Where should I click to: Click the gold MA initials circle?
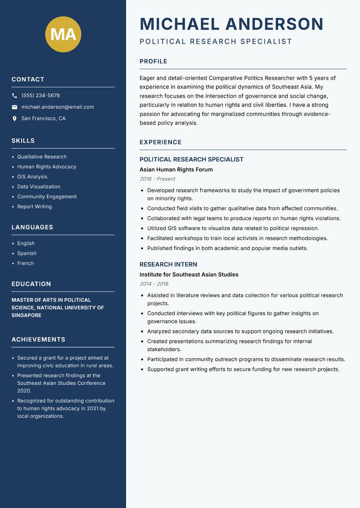point(63,34)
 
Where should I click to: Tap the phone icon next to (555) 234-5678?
point(14,96)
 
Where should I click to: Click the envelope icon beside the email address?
point(14,107)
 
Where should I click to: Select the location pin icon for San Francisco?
point(14,119)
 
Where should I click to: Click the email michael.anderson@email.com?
point(58,107)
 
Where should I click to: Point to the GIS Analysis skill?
point(32,177)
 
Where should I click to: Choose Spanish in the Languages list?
point(27,253)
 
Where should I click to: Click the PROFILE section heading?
point(153,62)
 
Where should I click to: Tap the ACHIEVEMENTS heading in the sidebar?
point(38,339)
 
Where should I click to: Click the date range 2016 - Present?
point(157,179)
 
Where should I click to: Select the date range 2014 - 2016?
point(154,284)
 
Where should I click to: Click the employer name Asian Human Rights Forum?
point(176,169)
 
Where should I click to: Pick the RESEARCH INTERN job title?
point(168,264)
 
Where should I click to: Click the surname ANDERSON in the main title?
point(274,24)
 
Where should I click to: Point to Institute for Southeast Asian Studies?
point(189,275)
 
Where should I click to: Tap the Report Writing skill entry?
point(34,207)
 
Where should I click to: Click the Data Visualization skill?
point(39,187)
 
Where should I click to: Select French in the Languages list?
point(25,263)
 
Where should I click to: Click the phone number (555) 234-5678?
point(40,96)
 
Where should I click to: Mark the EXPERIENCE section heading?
point(160,142)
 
